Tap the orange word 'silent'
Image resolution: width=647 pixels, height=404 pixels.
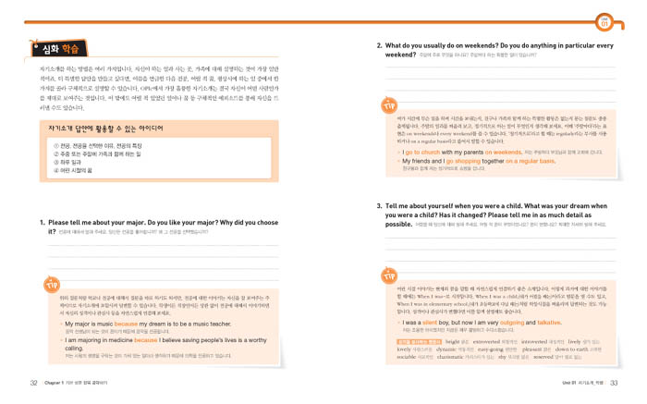coord(430,323)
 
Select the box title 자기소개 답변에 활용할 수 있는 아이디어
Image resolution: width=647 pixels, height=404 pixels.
coord(92,130)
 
